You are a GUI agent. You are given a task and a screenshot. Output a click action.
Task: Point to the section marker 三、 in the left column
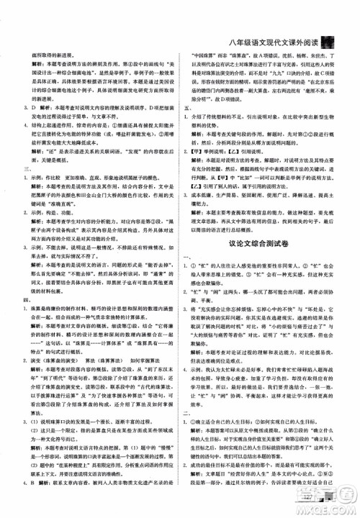25,173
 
